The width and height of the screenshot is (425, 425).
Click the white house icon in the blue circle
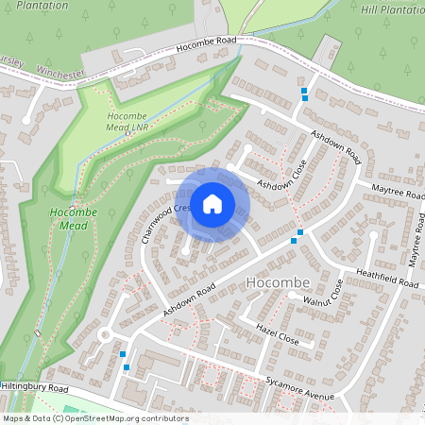212,203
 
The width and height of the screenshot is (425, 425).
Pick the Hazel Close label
277,332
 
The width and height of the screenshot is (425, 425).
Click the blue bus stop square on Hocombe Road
304,93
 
